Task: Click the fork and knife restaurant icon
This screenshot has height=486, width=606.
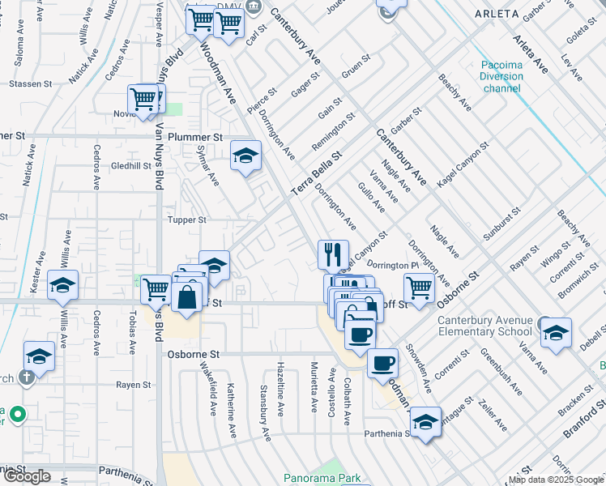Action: coord(333,255)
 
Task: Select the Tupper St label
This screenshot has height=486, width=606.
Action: coord(186,220)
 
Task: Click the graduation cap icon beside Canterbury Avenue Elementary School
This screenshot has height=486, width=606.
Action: coord(556,333)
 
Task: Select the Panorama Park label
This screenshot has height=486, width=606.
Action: coord(323,478)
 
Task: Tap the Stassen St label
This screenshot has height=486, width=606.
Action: coord(30,83)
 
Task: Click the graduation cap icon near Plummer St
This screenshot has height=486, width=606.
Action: coord(245,155)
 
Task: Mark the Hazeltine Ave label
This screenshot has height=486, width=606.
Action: coord(280,389)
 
